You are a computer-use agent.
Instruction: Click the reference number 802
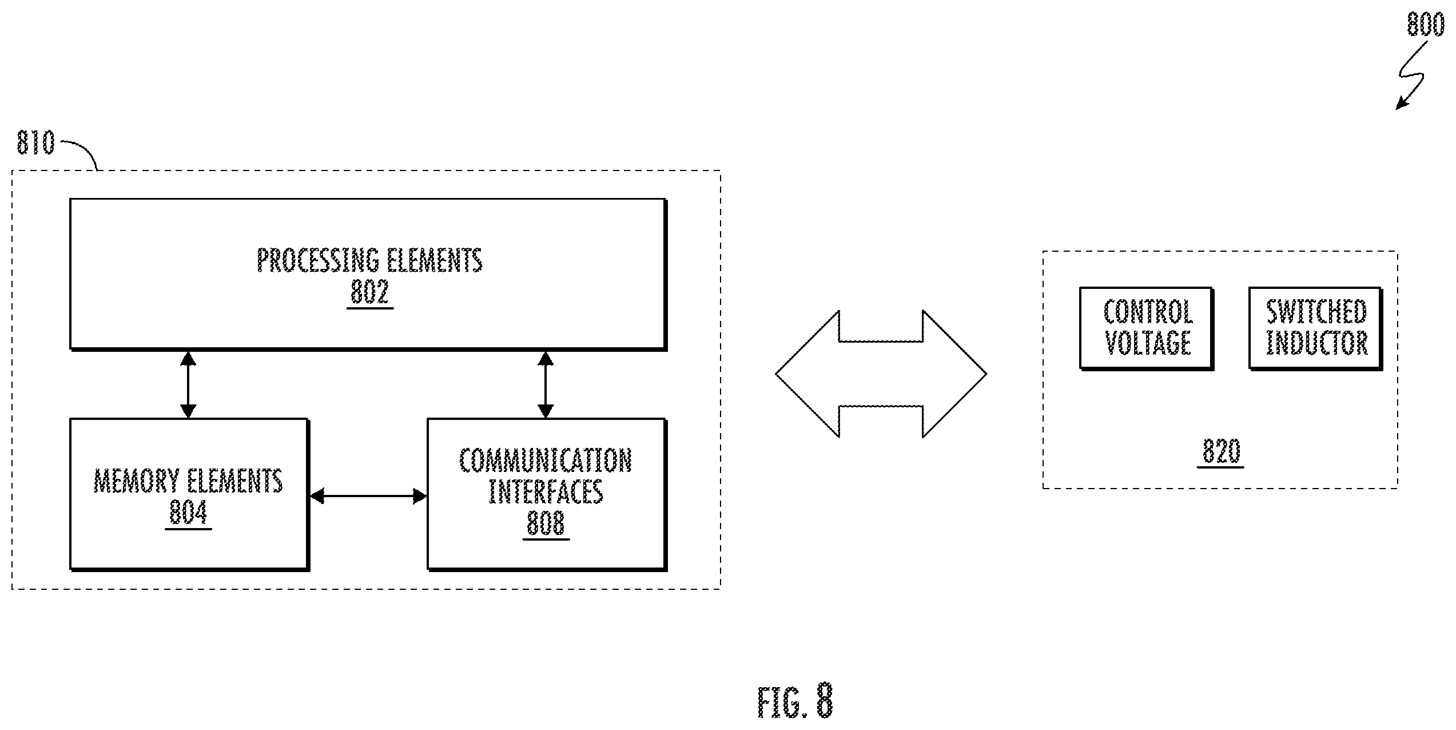pos(370,292)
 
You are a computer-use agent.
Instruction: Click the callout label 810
pos(35,143)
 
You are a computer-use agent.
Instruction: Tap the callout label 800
pos(1426,25)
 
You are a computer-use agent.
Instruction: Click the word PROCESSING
pos(318,261)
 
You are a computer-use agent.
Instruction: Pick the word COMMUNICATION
pos(546,461)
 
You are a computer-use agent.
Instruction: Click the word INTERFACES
pos(546,491)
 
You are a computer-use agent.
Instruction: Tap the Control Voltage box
pos(1147,328)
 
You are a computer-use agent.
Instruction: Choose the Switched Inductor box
pos(1315,328)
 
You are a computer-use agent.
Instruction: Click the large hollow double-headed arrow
pos(881,374)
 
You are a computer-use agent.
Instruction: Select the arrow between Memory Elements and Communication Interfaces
pos(368,496)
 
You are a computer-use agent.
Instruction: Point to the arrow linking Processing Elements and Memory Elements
pos(188,384)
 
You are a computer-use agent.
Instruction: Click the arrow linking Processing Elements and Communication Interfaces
pos(546,384)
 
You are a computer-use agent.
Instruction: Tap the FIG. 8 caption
pos(795,701)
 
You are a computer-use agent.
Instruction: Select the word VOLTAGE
pos(1148,343)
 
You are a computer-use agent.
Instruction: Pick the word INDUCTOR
pos(1316,343)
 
